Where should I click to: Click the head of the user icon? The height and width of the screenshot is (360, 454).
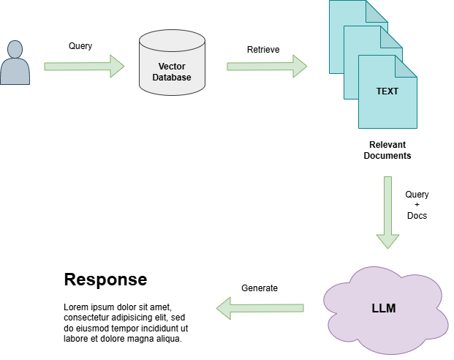[x=15, y=49]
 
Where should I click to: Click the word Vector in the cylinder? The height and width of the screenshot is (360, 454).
[x=172, y=67]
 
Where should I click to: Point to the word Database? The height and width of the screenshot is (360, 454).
[x=172, y=77]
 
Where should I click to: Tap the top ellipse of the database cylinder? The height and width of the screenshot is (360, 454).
[x=172, y=40]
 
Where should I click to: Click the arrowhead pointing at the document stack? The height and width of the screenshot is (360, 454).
[x=300, y=67]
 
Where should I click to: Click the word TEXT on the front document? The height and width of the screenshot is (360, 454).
[x=387, y=91]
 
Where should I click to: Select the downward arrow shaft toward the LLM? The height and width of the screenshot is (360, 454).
[x=387, y=205]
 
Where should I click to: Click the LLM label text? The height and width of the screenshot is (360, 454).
[x=383, y=308]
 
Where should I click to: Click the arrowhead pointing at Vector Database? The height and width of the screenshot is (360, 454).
[x=117, y=67]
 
